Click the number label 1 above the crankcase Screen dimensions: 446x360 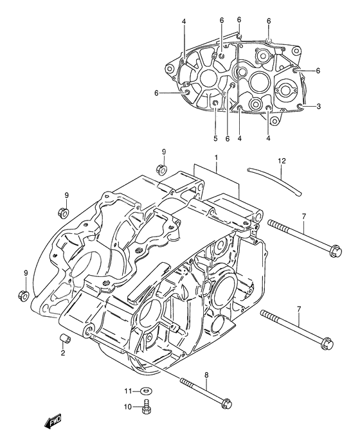(x=217, y=157)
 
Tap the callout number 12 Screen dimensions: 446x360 (x=281, y=160)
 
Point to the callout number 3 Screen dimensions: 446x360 (x=318, y=106)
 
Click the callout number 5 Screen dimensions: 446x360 (x=215, y=138)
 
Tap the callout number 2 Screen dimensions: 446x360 (x=63, y=353)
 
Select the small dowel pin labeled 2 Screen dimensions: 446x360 (x=64, y=339)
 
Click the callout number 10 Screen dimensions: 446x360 (x=127, y=424)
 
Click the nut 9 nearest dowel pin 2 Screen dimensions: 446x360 (x=21, y=295)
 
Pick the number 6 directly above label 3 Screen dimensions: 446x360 (x=318, y=71)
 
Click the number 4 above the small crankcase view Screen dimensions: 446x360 (x=183, y=22)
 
